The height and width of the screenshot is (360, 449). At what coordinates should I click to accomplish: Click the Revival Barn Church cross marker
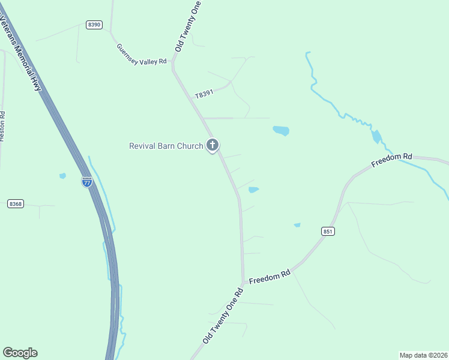pos(212,145)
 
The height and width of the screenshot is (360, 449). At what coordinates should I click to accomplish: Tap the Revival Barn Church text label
pos(166,146)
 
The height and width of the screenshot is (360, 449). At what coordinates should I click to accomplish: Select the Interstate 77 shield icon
pos(87,182)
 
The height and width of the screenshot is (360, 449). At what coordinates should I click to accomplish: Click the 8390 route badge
pos(94,25)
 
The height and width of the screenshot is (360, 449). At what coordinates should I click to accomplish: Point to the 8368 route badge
pos(16,204)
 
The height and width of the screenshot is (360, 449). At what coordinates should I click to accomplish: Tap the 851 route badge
pos(328,231)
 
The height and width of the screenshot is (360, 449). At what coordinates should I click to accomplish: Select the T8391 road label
pos(204,94)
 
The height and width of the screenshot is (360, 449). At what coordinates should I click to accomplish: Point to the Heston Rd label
pos(2,126)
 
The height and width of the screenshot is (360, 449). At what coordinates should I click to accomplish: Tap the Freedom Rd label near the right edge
pos(391,160)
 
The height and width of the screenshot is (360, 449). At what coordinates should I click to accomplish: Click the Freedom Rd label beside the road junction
pos(270,277)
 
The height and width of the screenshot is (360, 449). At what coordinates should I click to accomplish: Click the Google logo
pos(20,353)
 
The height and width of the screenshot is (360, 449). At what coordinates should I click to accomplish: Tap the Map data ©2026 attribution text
pos(423,355)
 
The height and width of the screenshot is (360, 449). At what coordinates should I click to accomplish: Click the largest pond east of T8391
pos(281,130)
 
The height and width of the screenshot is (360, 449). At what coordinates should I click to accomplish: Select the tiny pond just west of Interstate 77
pos(62,176)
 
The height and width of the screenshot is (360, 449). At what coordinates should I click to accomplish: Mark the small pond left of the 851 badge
pos(297,225)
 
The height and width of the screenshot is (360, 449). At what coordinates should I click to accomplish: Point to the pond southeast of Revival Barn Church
pos(253,190)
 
